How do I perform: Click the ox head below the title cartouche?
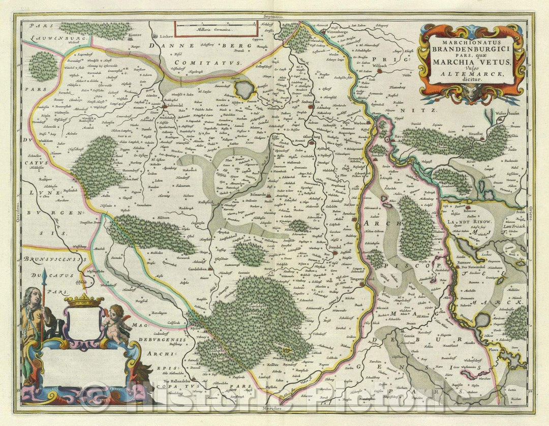[x=472, y=92]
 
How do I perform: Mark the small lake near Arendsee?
[x=245, y=90]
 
